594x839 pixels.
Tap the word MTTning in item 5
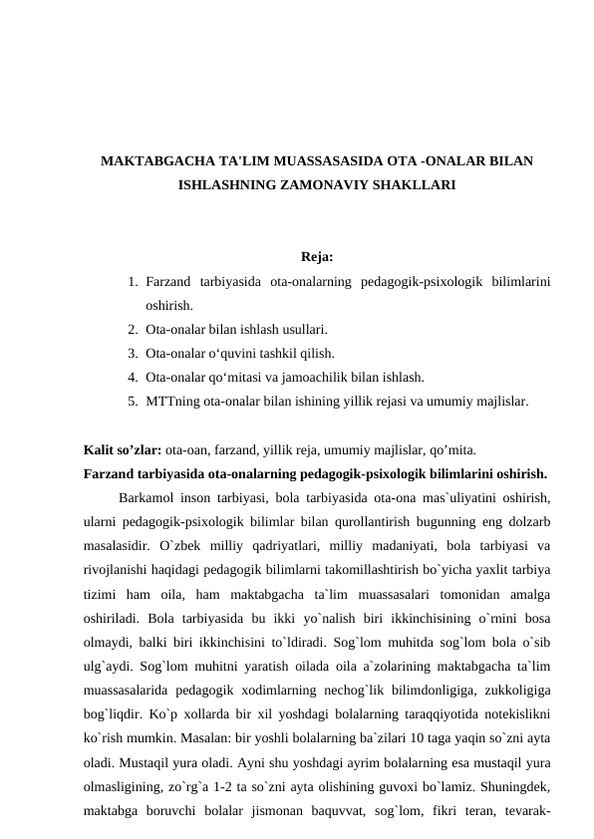coord(171,402)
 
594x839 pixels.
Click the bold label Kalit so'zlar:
coord(123,450)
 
